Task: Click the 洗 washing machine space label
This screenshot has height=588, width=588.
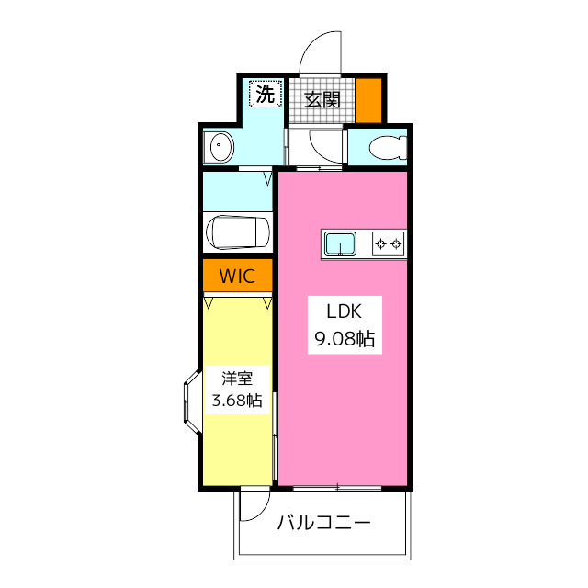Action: coord(266,94)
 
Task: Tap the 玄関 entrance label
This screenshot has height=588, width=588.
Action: coord(322,100)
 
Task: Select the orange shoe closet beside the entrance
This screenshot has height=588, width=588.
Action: coord(368,100)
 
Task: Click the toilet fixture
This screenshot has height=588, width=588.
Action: coord(388,147)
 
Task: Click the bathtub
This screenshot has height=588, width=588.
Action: coord(238,232)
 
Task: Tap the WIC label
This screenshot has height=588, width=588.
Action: coord(237,276)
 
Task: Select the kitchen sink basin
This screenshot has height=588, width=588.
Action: coord(340,243)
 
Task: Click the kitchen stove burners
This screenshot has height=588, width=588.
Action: coord(388,244)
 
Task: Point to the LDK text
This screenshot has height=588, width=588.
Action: coord(344,311)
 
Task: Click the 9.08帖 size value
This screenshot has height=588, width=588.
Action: coord(345,339)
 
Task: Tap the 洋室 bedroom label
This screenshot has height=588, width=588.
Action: coord(237,379)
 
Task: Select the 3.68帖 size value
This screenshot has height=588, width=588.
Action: coord(237,401)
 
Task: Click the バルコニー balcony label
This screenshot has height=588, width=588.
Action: coord(324,523)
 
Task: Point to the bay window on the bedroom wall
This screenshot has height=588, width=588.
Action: coord(192,402)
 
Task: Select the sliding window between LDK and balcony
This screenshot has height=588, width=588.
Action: coord(337,488)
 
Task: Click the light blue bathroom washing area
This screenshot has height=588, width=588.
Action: coord(237,191)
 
